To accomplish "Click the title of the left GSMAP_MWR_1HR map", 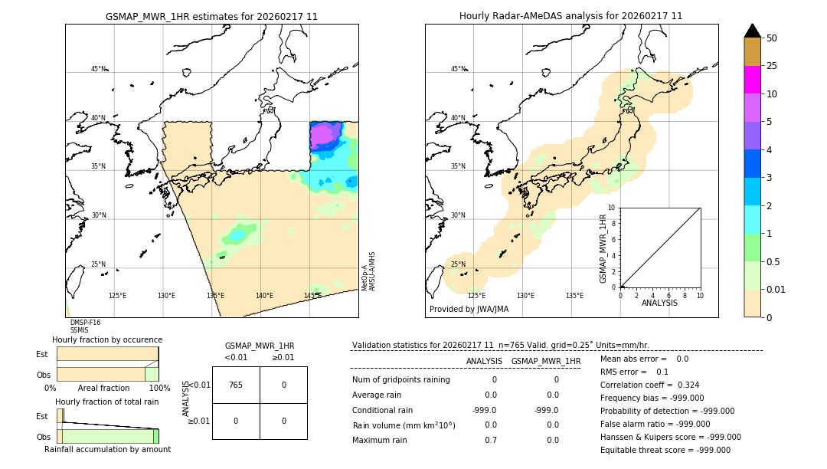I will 211,16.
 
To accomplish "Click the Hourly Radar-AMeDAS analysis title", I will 570,16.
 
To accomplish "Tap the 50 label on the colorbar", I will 772,38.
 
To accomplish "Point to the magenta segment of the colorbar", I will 752,80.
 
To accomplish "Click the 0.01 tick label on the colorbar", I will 776,289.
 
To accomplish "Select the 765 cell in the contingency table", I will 236,385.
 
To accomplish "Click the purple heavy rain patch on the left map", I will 327,134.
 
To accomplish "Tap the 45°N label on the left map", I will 98,69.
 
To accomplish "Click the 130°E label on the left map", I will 166,296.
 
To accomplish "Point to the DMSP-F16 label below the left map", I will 85,323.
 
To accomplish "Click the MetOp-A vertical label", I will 364,280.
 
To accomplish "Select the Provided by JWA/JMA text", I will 469,310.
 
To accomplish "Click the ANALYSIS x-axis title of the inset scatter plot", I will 660,303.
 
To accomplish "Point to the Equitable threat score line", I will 665,450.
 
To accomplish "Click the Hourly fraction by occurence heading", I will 107,339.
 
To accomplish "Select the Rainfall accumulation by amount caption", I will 107,450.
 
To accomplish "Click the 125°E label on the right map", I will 476,296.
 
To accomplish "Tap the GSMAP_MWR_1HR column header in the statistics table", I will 545,361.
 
